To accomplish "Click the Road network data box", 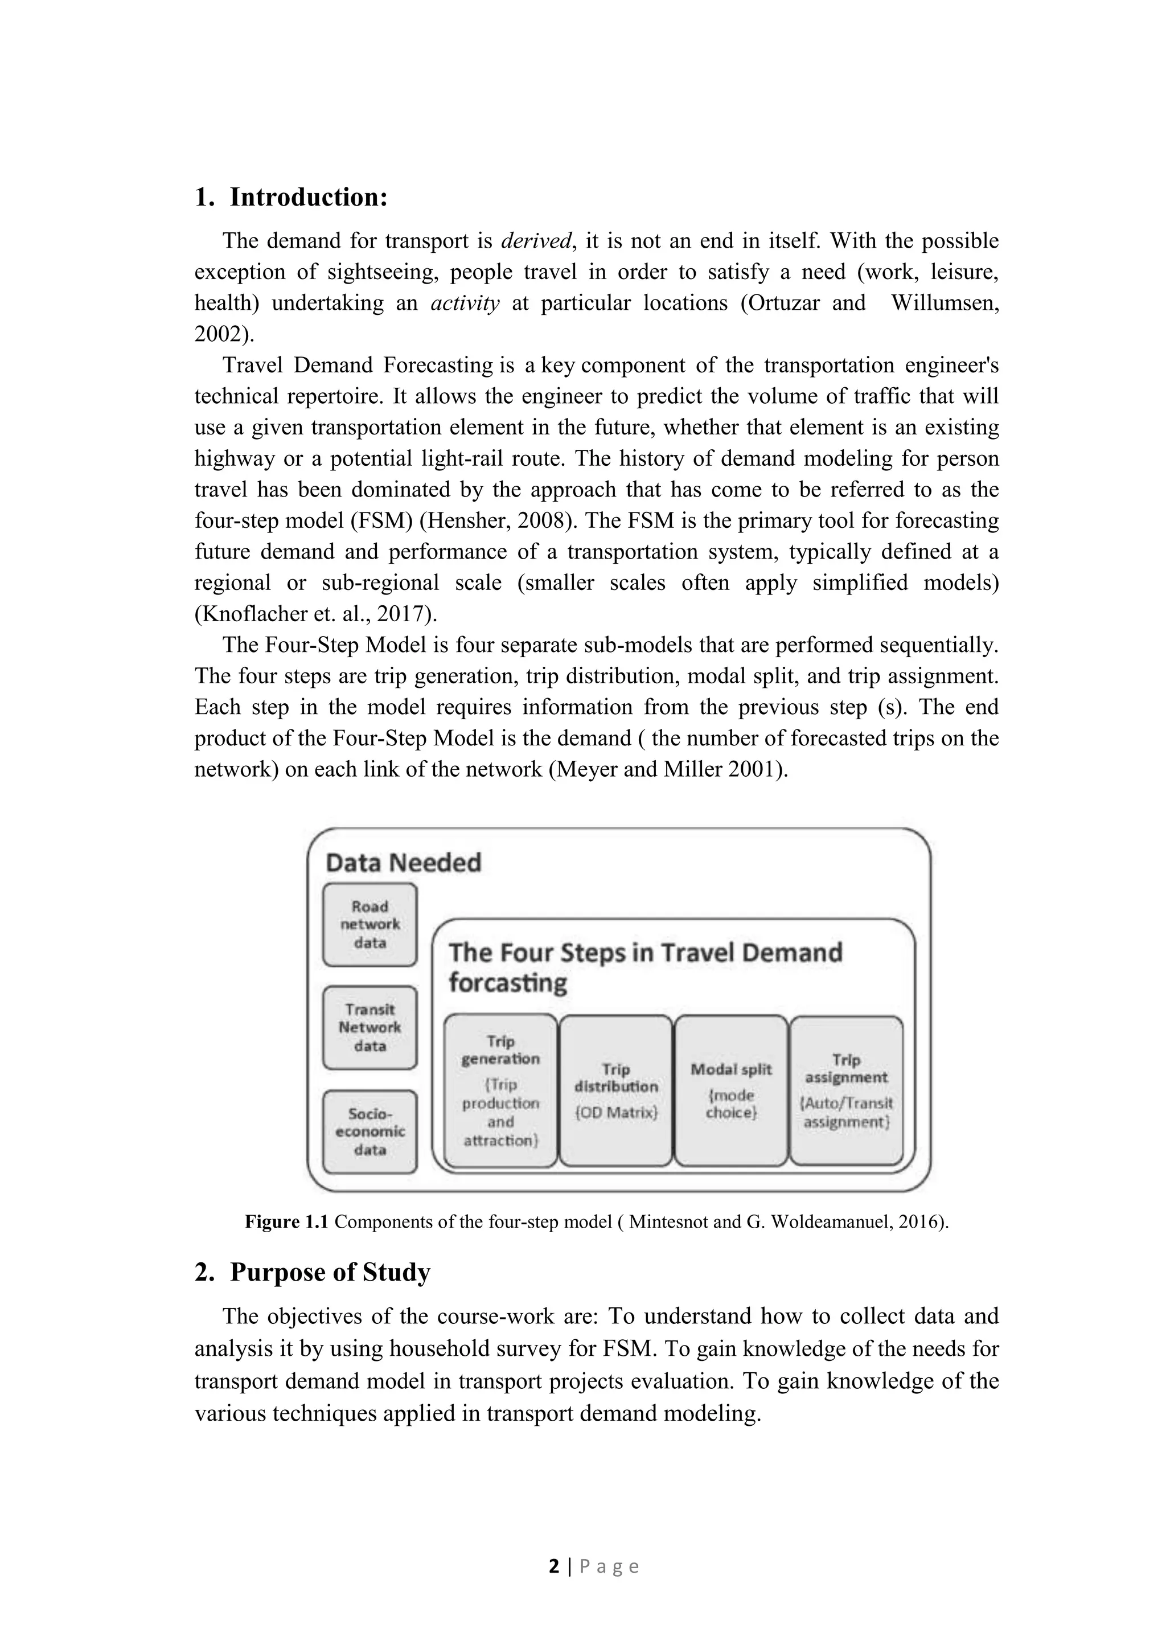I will click(x=369, y=924).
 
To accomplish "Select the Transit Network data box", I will click(x=369, y=1028).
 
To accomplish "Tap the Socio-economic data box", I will click(x=369, y=1132).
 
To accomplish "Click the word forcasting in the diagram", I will click(x=508, y=982).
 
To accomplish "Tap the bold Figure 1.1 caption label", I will click(x=286, y=1222).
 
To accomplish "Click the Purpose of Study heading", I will click(x=330, y=1272).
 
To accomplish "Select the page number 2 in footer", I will click(x=553, y=1566).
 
